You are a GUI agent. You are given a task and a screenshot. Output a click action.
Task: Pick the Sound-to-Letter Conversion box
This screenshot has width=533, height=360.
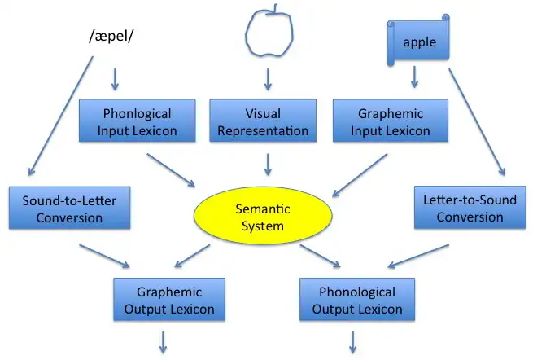(63, 209)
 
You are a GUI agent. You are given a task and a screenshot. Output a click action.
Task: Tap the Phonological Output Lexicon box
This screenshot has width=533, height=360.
(358, 300)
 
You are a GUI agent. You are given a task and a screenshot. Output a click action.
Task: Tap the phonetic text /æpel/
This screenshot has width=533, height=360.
(112, 37)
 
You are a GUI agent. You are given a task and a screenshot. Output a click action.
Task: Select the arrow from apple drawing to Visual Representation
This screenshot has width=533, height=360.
(267, 79)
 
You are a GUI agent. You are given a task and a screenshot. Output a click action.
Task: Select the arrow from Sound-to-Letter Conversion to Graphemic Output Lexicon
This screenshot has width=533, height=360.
(103, 253)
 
